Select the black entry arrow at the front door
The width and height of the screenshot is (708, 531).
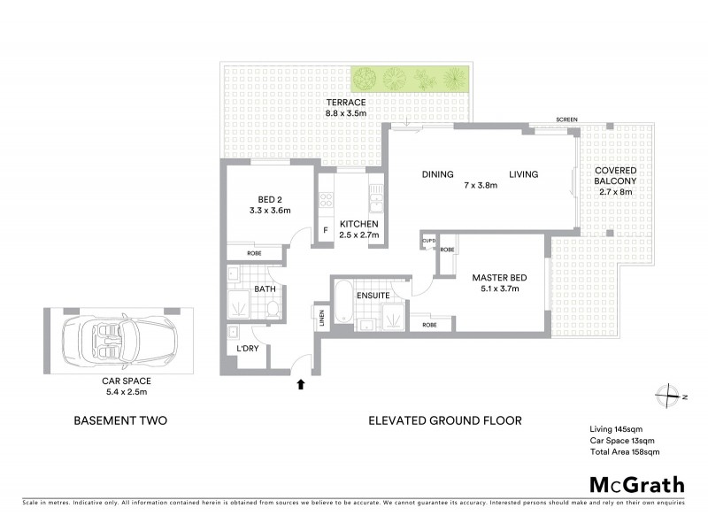(x=301, y=384)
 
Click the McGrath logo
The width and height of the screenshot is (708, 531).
(x=636, y=484)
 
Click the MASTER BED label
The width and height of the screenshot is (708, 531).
(x=499, y=278)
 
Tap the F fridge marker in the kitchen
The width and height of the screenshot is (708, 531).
(x=326, y=231)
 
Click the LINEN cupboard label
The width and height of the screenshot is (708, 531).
(x=319, y=316)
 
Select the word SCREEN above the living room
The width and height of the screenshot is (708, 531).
(x=568, y=119)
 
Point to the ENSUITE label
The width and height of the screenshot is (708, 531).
(x=374, y=294)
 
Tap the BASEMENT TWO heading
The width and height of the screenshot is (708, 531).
(x=119, y=421)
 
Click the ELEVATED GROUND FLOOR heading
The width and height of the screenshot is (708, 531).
(x=445, y=421)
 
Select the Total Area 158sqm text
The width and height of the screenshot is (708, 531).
(x=625, y=451)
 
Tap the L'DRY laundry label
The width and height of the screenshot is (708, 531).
(x=247, y=350)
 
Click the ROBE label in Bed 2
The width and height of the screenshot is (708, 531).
(x=254, y=253)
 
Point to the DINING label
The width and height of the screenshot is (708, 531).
(x=437, y=174)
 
